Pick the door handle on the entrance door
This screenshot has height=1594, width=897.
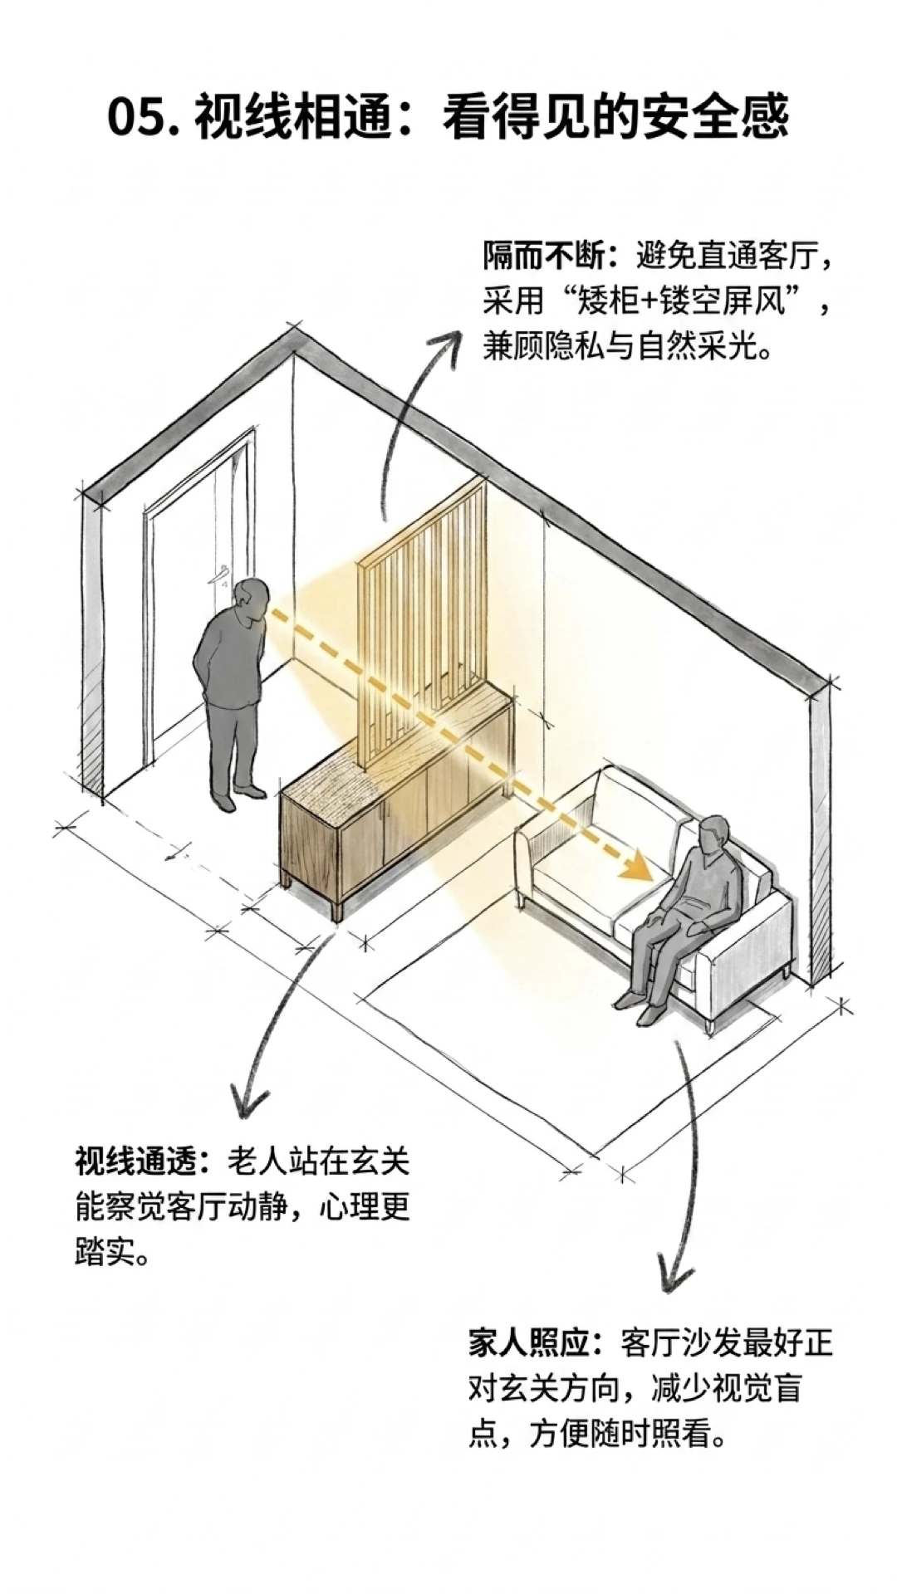click(223, 573)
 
